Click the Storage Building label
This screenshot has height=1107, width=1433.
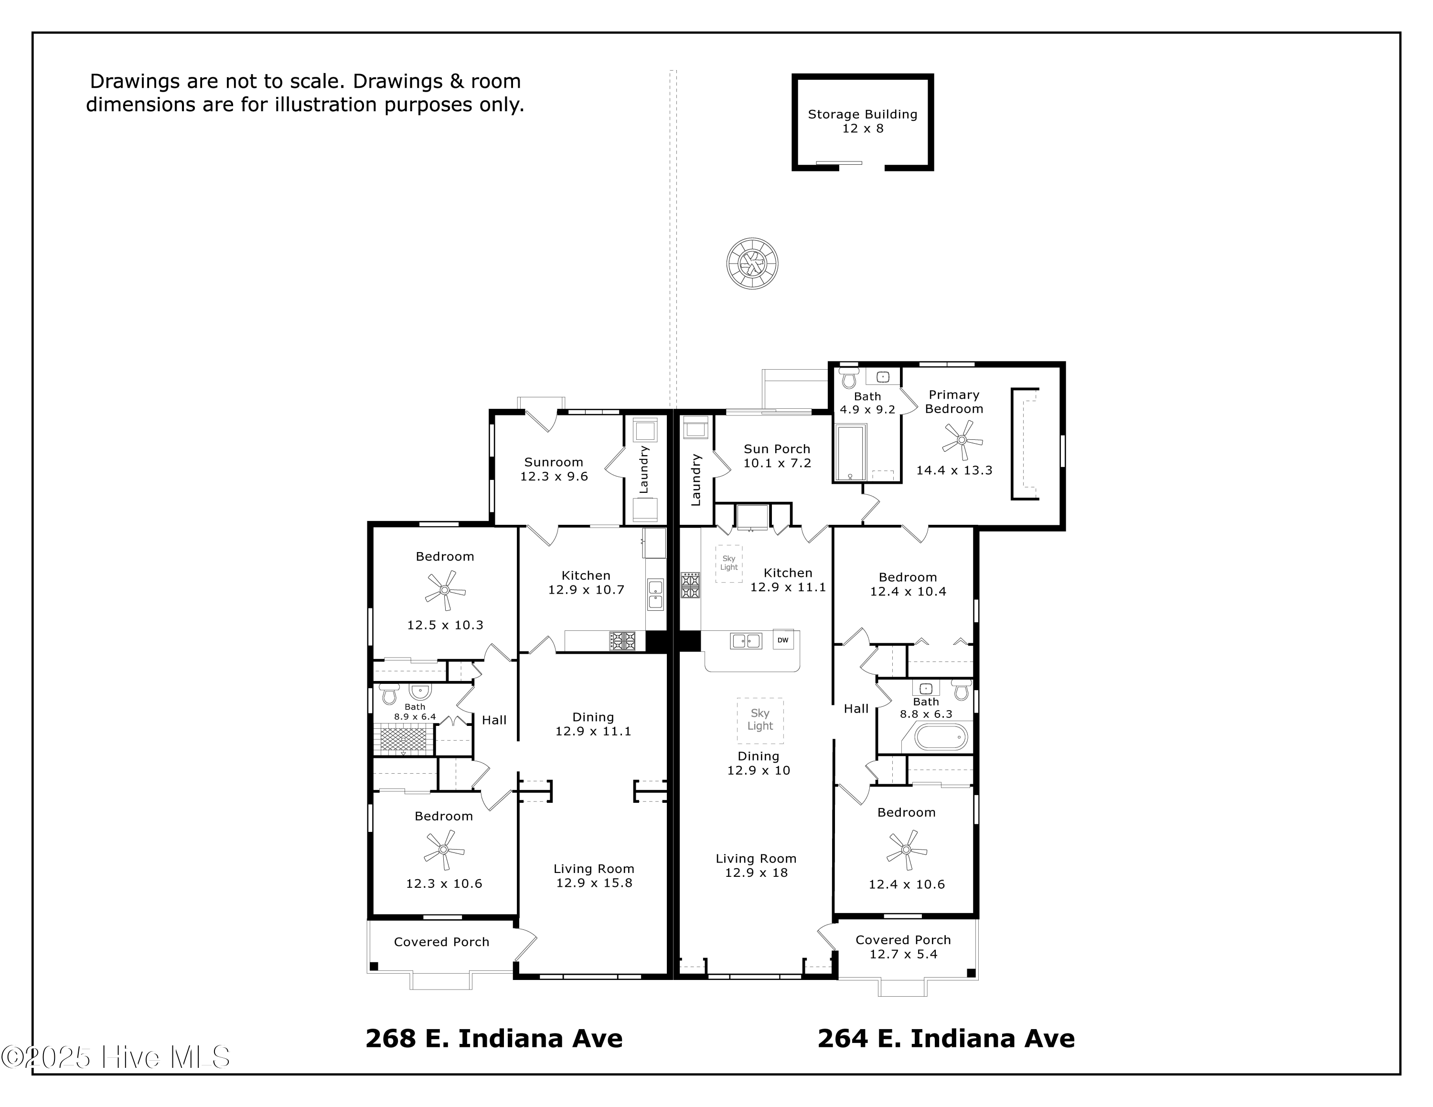[862, 121]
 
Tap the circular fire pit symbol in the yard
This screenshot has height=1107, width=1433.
[753, 264]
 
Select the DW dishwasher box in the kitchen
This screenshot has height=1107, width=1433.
[783, 640]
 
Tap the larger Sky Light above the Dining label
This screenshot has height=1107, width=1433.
[760, 720]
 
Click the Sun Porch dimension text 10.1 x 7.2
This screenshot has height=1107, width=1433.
[777, 463]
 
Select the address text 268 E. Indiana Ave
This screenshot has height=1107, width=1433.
[493, 1038]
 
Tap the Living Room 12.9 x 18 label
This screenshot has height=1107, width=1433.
[756, 866]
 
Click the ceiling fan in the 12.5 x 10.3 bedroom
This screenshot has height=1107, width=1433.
[445, 590]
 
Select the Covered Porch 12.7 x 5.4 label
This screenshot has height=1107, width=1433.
[903, 947]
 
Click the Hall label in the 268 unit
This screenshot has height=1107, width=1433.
[494, 720]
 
